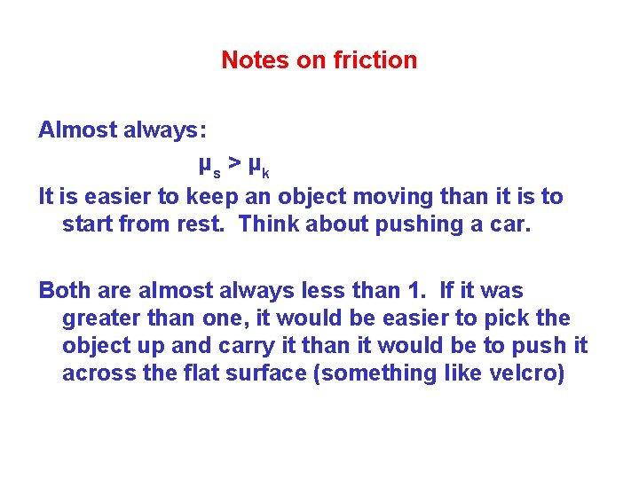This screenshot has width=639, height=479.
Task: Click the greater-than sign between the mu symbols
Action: coord(233,163)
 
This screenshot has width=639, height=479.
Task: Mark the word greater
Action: coord(99,318)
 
